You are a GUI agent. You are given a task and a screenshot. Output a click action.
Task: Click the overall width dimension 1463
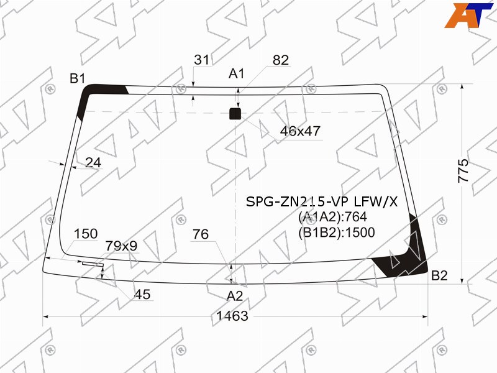(232, 316)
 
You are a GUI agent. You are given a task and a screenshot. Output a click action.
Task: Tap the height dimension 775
(463, 170)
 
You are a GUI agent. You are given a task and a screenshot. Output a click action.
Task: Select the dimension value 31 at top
(202, 60)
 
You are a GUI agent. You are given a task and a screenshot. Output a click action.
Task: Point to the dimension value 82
(281, 60)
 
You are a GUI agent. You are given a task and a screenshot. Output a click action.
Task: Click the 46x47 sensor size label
(300, 131)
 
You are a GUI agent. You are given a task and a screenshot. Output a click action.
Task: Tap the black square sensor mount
(235, 114)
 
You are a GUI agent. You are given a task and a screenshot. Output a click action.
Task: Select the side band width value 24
(93, 162)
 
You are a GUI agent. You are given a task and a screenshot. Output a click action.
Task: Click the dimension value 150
(86, 234)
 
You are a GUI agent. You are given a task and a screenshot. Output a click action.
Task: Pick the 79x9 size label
(121, 246)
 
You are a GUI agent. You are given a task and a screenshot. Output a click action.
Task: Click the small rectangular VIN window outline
(93, 264)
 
